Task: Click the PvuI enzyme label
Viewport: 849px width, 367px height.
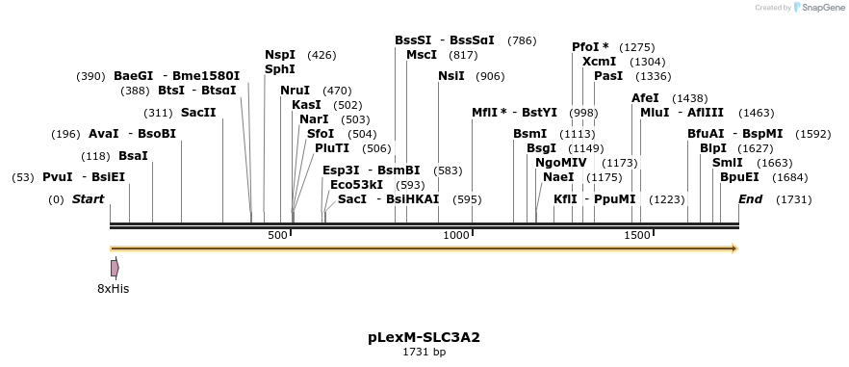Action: [57, 177]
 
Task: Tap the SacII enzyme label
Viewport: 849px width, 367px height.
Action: [198, 113]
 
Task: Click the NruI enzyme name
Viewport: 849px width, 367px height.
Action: [295, 91]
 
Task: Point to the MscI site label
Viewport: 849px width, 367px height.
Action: [422, 55]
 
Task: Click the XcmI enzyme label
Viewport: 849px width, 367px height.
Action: [599, 62]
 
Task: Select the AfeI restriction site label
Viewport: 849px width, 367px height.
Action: [645, 98]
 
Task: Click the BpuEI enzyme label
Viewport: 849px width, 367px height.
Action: [739, 177]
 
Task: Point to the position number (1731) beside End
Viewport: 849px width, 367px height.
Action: [793, 199]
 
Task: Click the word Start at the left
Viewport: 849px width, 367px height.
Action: [88, 199]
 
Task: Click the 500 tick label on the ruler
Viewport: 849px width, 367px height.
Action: [277, 236]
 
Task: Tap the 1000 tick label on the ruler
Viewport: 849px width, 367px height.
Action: [455, 236]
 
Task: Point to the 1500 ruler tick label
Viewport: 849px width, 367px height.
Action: [637, 236]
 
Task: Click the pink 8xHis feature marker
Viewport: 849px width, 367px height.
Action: [115, 268]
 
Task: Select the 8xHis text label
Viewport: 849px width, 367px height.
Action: [113, 289]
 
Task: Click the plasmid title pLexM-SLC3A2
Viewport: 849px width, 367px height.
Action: [424, 337]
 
